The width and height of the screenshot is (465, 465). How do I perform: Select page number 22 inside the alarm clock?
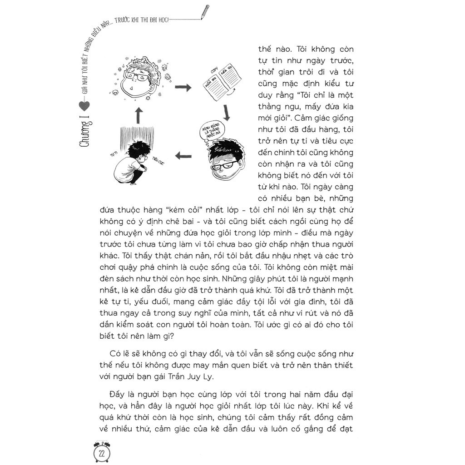(102, 453)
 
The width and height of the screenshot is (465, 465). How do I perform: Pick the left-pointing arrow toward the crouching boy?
(183, 156)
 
